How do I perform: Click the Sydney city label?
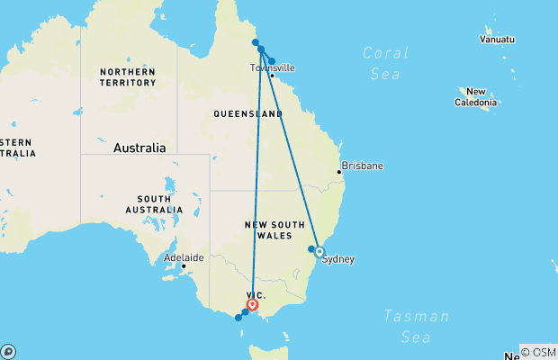click(338, 259)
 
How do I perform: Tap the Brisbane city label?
click(364, 166)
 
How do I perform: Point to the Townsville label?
click(272, 67)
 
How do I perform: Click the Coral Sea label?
click(385, 63)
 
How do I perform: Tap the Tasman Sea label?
click(415, 326)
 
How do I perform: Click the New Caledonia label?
click(476, 97)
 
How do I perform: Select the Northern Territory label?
click(129, 77)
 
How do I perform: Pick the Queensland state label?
click(247, 114)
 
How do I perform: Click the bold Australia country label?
click(139, 148)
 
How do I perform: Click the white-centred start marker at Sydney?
click(319, 252)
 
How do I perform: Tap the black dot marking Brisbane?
click(339, 171)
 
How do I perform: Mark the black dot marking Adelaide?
click(183, 265)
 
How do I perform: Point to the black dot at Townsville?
click(272, 76)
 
